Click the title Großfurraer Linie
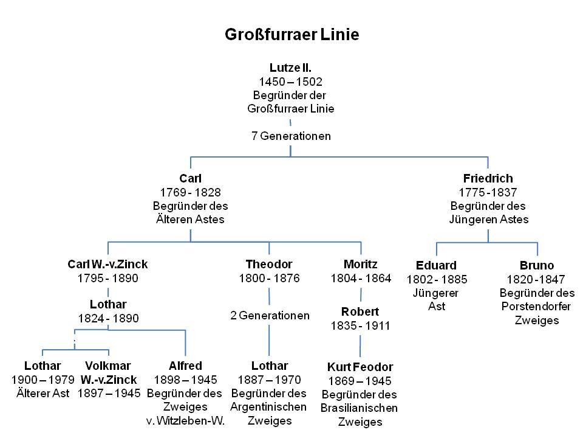click(291, 34)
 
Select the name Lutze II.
click(290, 68)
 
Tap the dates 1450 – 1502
click(290, 82)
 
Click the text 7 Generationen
click(291, 136)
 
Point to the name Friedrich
click(488, 178)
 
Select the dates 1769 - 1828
click(190, 192)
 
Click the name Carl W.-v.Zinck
click(108, 264)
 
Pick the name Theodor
click(269, 264)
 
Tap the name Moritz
click(360, 264)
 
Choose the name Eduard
click(436, 265)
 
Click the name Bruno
click(537, 265)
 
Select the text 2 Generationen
click(270, 316)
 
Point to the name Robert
click(360, 311)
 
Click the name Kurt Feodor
click(360, 367)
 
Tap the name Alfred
click(185, 366)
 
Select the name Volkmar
click(109, 366)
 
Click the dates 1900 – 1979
click(43, 380)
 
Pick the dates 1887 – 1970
click(269, 380)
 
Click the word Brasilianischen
click(360, 408)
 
